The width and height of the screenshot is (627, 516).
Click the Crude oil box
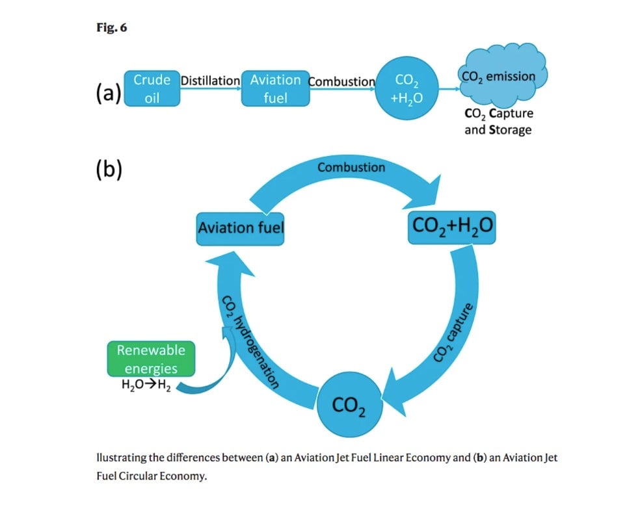(152, 88)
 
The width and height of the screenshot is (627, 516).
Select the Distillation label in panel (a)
(209, 81)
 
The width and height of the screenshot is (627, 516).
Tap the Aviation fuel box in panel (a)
(275, 88)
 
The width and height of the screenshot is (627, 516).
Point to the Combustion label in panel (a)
(341, 82)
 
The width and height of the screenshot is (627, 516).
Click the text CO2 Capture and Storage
(498, 121)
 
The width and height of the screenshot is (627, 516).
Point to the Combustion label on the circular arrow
(351, 167)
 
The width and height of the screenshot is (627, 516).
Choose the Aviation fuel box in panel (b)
(241, 228)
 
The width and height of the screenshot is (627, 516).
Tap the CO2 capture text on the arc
(456, 332)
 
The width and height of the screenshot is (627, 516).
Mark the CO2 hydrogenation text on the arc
(250, 341)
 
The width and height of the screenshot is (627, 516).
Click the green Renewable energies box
(151, 359)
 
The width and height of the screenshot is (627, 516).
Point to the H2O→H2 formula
(146, 385)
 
